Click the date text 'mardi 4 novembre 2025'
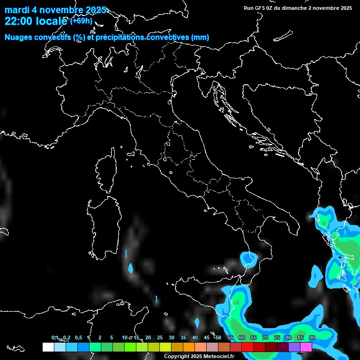[x=55, y=10]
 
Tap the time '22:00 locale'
[x=36, y=22]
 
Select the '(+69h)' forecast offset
[x=81, y=21]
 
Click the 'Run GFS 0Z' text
[x=261, y=8]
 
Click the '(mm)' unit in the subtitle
[x=200, y=37]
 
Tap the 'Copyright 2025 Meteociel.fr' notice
[x=199, y=356]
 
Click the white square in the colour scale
[x=48, y=347]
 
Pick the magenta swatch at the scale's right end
[x=306, y=347]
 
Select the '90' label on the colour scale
[x=312, y=337]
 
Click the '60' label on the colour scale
[x=242, y=337]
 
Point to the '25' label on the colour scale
[x=160, y=337]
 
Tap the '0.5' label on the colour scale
[x=78, y=337]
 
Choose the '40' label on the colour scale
[x=195, y=337]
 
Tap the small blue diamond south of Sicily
[x=197, y=323]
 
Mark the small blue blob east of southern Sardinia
[x=131, y=269]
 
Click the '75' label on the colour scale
[x=277, y=337]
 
